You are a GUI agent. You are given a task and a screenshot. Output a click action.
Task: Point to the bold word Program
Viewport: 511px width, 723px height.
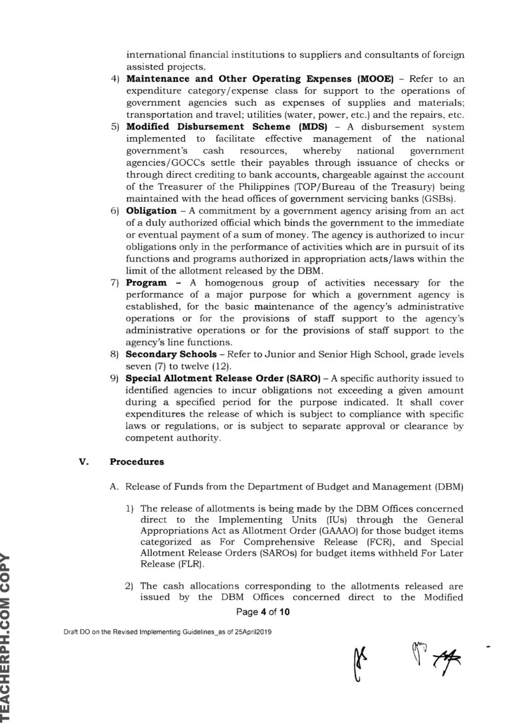point(145,283)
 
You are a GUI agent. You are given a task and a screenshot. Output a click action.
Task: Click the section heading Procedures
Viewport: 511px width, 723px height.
point(135,459)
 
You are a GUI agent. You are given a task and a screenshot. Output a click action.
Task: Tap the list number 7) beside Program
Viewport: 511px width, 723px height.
point(114,283)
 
